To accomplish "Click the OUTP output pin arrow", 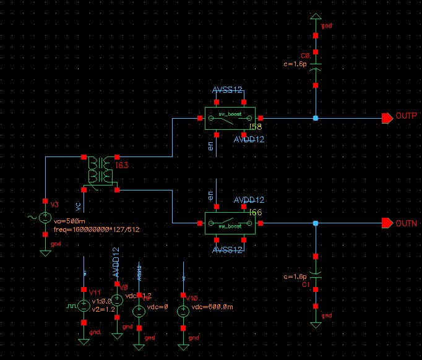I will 387,118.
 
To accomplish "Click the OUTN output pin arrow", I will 387,223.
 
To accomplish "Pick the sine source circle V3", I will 45,218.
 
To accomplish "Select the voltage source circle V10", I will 183,311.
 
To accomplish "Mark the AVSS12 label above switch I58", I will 227,90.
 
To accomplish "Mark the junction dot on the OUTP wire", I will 316,118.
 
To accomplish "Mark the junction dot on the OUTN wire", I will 316,223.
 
